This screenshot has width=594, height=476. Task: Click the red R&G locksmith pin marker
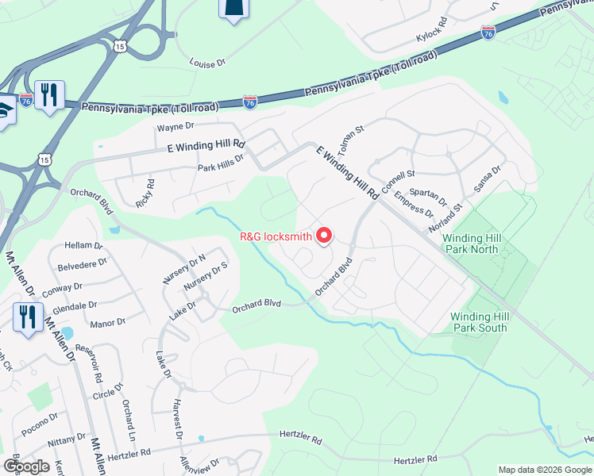324,236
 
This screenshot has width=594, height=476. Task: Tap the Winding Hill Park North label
481,244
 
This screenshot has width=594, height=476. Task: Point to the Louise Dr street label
207,61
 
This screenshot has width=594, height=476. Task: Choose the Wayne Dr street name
175,127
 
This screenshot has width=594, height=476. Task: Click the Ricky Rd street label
145,193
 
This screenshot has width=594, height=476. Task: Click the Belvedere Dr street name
76,268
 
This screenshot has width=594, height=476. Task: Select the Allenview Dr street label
199,466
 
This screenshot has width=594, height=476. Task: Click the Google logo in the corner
25,466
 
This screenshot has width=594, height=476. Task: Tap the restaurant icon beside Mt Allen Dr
28,318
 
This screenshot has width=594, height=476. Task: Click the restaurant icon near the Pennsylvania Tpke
50,95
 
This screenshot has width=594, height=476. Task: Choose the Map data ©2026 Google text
545,470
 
